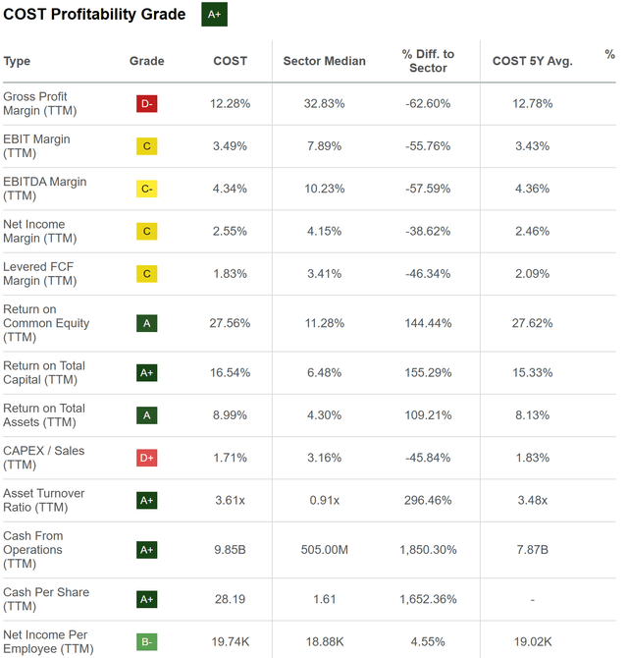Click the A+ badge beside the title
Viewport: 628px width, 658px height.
pos(214,14)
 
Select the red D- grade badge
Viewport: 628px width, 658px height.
pos(146,104)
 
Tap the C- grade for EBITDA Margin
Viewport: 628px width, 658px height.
pos(146,189)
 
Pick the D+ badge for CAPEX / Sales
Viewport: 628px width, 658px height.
pos(146,458)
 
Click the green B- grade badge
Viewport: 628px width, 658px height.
pos(146,642)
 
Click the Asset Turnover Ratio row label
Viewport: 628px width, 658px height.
pos(43,500)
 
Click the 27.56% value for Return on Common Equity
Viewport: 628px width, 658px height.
pos(231,323)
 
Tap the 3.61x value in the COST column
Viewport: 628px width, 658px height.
pos(231,500)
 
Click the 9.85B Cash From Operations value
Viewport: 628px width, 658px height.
pos(231,550)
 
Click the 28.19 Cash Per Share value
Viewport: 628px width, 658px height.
pos(231,599)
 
